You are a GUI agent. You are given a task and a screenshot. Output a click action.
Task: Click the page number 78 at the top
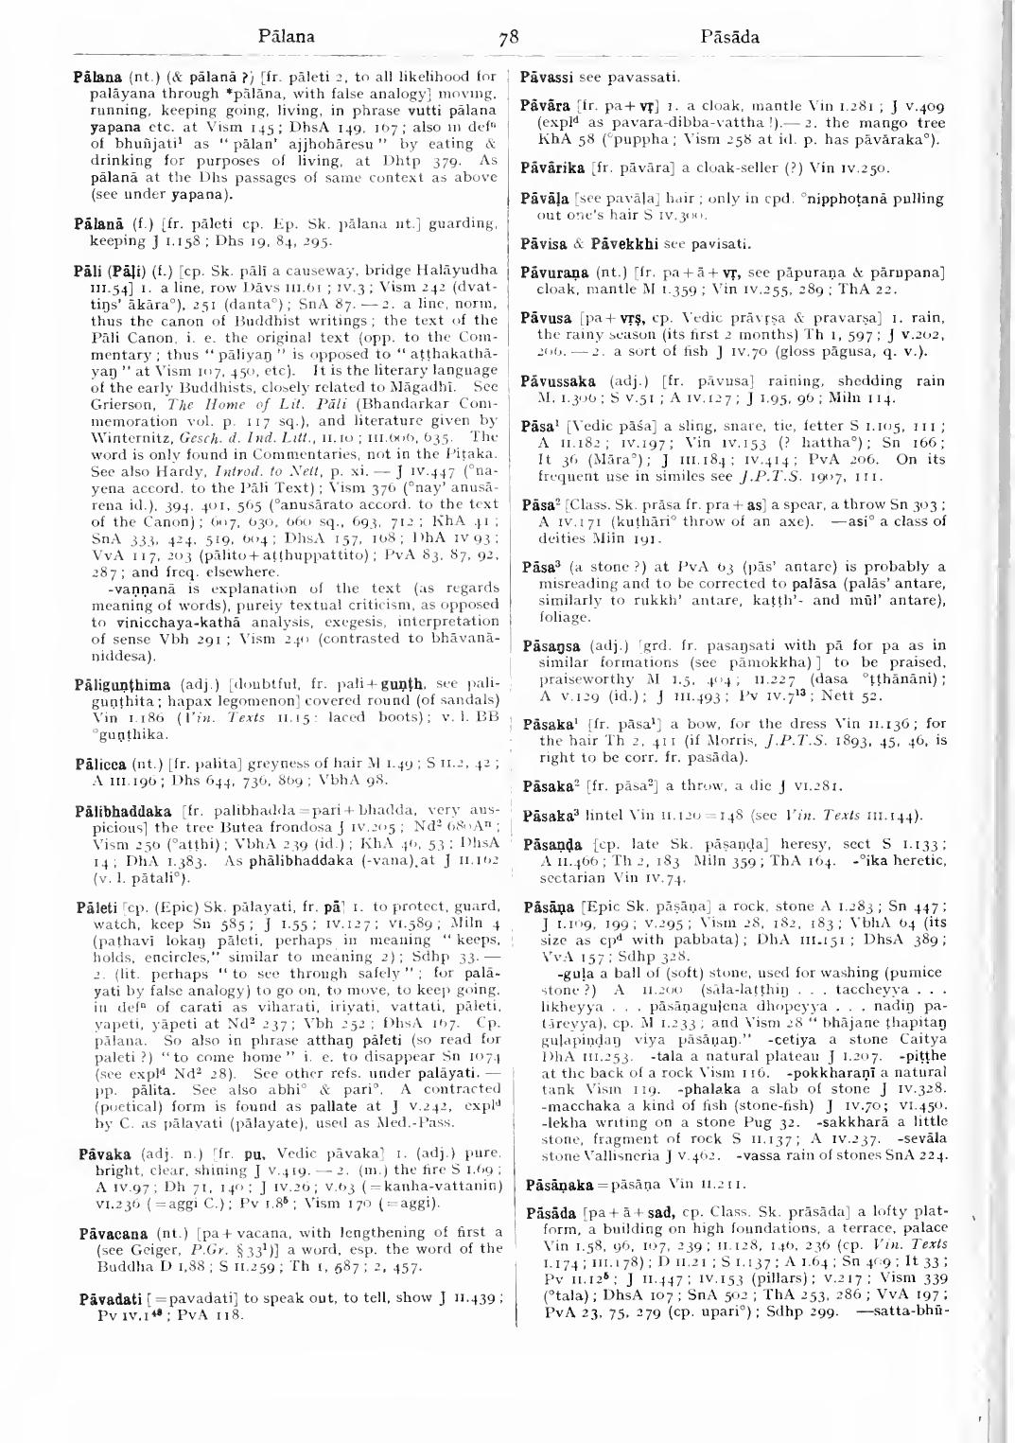pos(509,39)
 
